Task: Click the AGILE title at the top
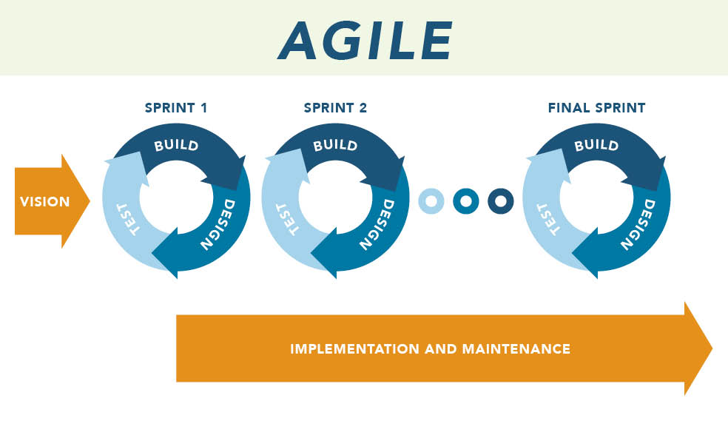(365, 41)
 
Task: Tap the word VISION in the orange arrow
(44, 201)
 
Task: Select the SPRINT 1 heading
(176, 108)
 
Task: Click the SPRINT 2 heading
(335, 108)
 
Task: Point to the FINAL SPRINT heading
(596, 108)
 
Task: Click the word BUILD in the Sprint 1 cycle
(176, 145)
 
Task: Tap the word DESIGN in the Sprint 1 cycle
(218, 225)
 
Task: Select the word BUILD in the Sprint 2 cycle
(336, 145)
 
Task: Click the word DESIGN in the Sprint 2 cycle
(377, 225)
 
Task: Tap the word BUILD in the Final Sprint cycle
(596, 145)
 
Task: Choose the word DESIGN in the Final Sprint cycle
(638, 225)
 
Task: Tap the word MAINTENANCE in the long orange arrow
(516, 348)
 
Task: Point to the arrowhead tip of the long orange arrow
(712, 348)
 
